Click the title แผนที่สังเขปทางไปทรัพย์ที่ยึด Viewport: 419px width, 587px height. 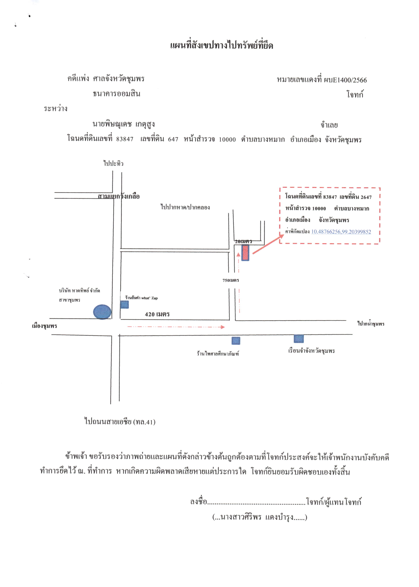[221, 45]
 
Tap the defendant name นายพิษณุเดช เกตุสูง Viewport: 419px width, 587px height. [124, 124]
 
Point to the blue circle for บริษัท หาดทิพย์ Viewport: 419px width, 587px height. [102, 312]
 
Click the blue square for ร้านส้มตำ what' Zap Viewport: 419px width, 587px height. [124, 305]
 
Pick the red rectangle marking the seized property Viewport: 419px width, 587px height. [245, 253]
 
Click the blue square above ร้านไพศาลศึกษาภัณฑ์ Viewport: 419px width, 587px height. [236, 341]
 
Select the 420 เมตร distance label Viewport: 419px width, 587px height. [157, 314]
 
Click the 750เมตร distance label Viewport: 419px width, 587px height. [231, 280]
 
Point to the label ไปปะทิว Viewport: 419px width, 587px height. [113, 163]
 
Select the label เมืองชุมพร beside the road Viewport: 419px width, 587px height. [44, 326]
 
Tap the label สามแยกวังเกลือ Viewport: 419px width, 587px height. [119, 196]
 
